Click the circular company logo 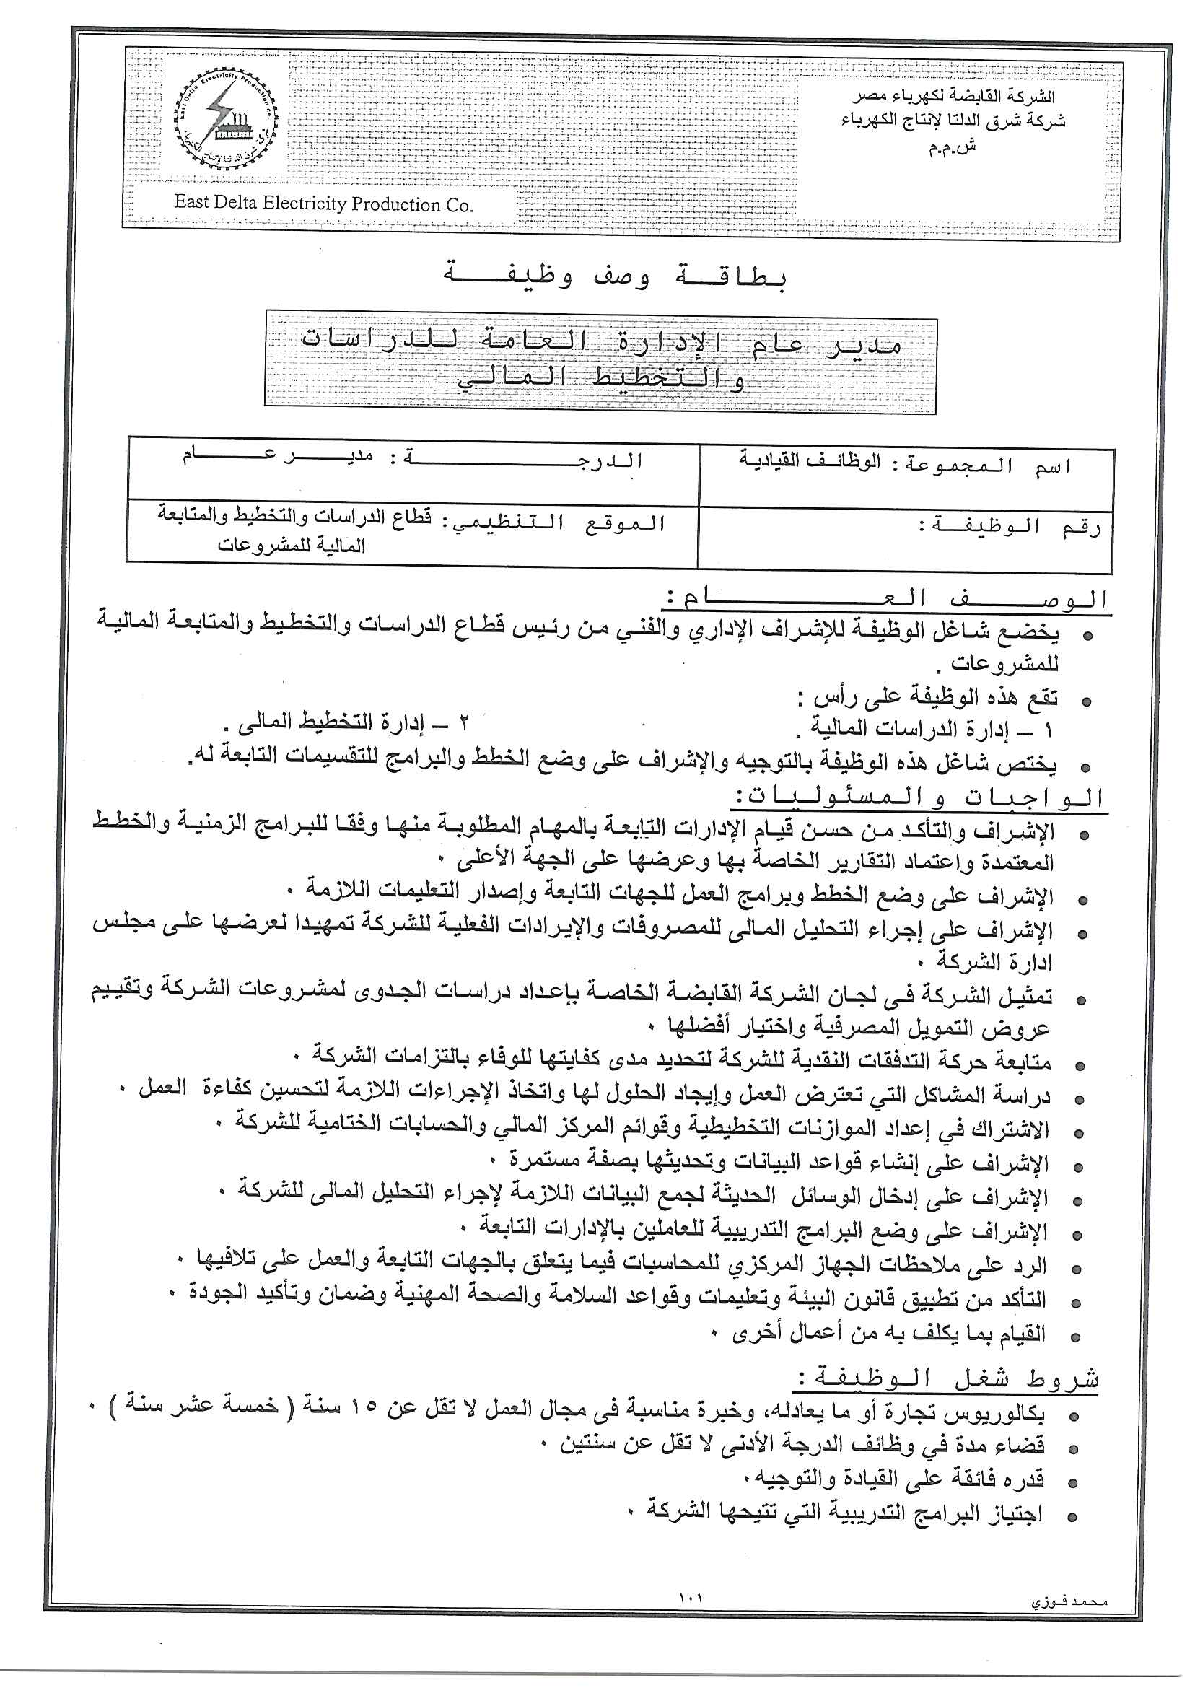tap(225, 121)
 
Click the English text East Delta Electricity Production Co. tap(324, 204)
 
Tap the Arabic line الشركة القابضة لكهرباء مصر tap(954, 97)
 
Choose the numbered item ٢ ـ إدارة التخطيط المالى tap(346, 723)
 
